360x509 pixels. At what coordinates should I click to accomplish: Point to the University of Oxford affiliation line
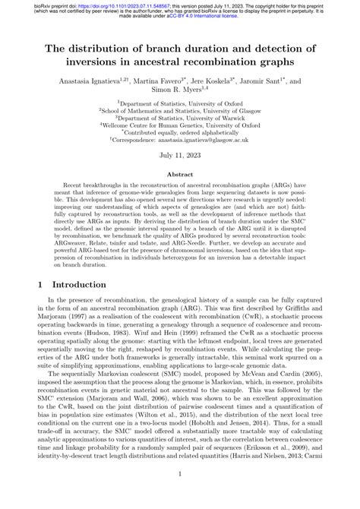[179, 102]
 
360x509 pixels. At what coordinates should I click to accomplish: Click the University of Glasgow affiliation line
[179, 111]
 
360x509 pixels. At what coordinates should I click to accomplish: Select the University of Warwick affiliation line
[179, 120]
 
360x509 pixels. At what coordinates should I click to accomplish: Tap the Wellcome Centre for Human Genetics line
[179, 129]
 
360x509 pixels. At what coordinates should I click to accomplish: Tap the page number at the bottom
[179, 495]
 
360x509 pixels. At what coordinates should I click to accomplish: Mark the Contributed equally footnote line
[179, 138]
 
